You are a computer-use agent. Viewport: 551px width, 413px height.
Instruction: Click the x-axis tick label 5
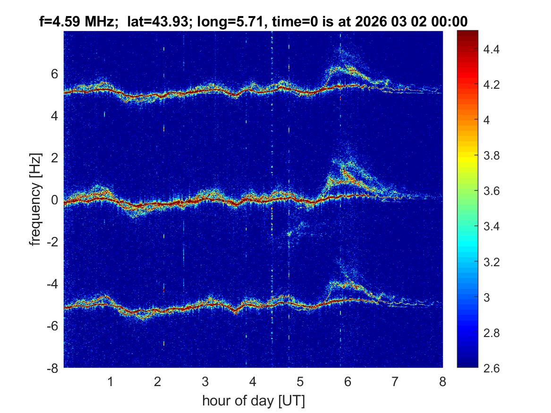tap(300, 382)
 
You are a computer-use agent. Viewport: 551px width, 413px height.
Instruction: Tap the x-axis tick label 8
tap(442, 382)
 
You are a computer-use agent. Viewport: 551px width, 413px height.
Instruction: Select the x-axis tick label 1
tap(110, 382)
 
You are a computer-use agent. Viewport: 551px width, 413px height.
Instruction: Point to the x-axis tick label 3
tap(205, 382)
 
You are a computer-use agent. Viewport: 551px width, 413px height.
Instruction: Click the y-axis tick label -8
tap(53, 368)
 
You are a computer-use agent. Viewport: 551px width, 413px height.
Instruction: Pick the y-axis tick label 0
tap(55, 200)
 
